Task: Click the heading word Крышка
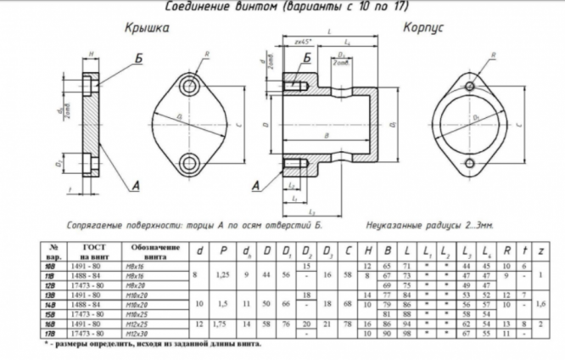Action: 145,28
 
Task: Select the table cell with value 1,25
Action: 223,275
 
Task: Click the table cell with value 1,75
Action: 223,323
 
